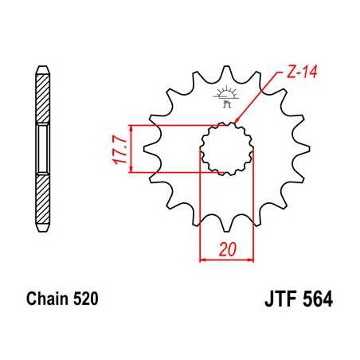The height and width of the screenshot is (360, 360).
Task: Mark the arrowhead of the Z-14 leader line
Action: pyautogui.click(x=238, y=122)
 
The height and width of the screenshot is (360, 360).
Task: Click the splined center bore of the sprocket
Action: pyautogui.click(x=225, y=149)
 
